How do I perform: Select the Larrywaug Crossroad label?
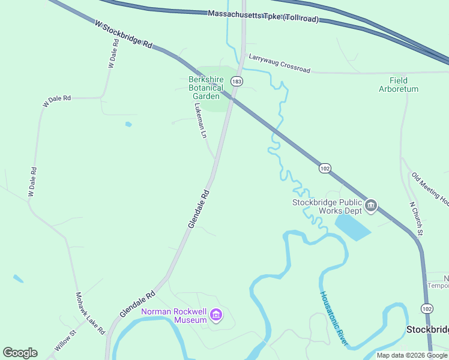(280, 63)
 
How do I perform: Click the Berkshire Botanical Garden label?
(206, 88)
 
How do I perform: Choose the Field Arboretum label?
(399, 85)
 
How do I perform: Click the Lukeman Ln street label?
(200, 121)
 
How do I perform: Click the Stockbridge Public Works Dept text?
(328, 206)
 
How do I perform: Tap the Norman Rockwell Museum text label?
(174, 316)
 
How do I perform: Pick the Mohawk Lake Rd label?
(90, 313)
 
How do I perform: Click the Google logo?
(20, 353)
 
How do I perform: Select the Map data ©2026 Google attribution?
(412, 355)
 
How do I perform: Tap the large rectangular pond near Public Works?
(352, 226)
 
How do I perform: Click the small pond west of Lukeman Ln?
(128, 125)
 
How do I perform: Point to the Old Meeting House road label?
(430, 188)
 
